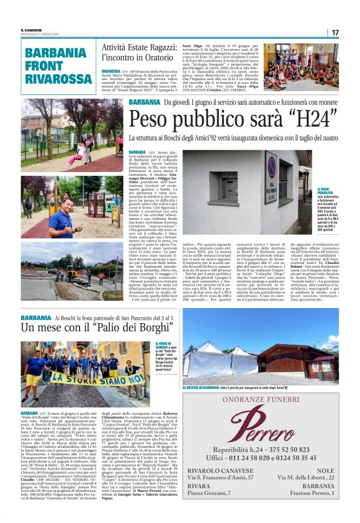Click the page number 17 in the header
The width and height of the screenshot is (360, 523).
click(x=335, y=32)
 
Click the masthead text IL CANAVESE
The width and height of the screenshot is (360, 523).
click(x=32, y=30)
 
